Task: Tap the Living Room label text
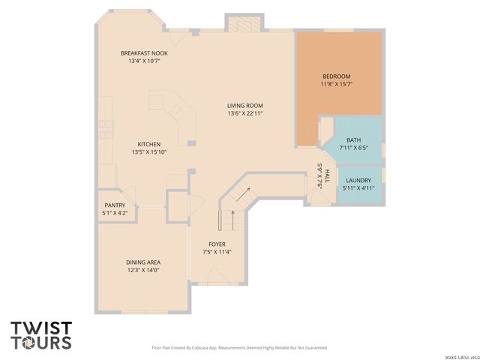(x=245, y=106)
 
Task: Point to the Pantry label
(x=115, y=205)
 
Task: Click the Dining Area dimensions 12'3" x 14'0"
(x=142, y=270)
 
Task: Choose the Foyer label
(x=217, y=244)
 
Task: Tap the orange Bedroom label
(x=336, y=76)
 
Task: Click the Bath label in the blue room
(x=353, y=140)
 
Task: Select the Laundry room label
(x=358, y=180)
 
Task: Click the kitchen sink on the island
(x=178, y=112)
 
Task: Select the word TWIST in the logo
(x=41, y=328)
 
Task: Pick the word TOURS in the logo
(x=41, y=342)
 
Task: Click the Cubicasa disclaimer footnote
(x=239, y=348)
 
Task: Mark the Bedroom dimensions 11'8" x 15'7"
(x=336, y=84)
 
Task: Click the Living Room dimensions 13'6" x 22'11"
(x=245, y=114)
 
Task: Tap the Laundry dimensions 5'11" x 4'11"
(x=358, y=187)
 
